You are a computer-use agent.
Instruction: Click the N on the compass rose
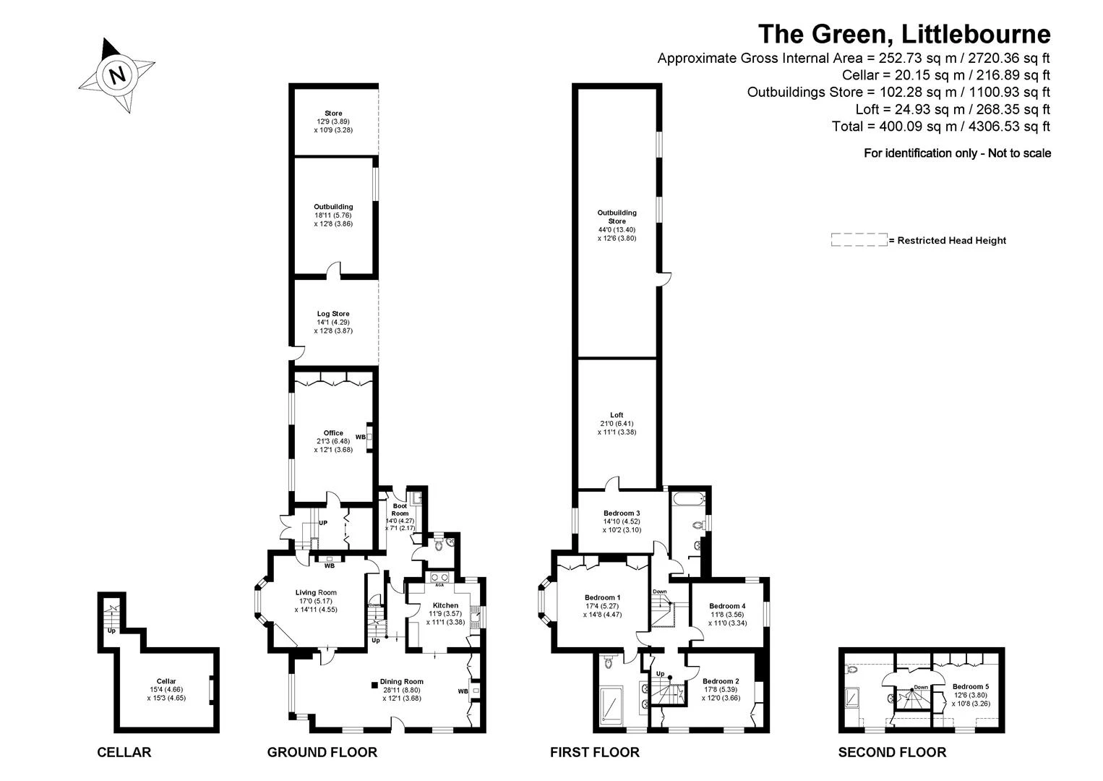pyautogui.click(x=117, y=75)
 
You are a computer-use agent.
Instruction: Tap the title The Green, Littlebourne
pyautogui.click(x=904, y=34)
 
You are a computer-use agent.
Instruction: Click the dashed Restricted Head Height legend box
pyautogui.click(x=859, y=240)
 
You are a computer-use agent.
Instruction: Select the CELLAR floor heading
pyautogui.click(x=124, y=752)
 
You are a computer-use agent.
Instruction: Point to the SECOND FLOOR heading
pyautogui.click(x=892, y=752)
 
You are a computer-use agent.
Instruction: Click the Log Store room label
pyautogui.click(x=333, y=313)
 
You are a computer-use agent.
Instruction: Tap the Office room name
pyautogui.click(x=333, y=433)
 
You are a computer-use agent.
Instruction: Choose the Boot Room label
pyautogui.click(x=400, y=510)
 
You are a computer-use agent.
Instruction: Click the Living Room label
pyautogui.click(x=316, y=593)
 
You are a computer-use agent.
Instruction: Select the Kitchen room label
pyautogui.click(x=446, y=605)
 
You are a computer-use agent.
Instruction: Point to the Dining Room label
pyautogui.click(x=402, y=681)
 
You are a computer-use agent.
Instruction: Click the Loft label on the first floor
pyautogui.click(x=617, y=415)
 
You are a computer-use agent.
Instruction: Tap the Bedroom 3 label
pyautogui.click(x=622, y=513)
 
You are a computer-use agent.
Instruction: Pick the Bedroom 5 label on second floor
pyautogui.click(x=971, y=686)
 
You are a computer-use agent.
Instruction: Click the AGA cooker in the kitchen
pyautogui.click(x=439, y=578)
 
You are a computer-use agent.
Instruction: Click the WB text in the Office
pyautogui.click(x=361, y=437)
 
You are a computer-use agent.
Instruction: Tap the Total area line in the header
pyautogui.click(x=941, y=127)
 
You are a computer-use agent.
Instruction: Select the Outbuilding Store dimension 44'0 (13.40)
pyautogui.click(x=617, y=230)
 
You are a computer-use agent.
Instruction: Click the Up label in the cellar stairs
pyautogui.click(x=112, y=631)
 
